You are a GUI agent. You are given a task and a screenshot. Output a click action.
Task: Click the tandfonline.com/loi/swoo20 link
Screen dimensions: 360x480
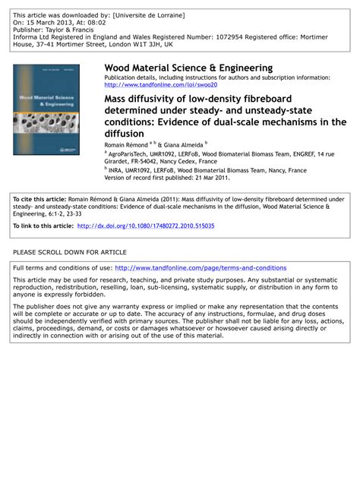click(160, 85)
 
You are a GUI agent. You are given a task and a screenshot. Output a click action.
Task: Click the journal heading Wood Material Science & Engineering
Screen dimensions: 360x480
click(188, 68)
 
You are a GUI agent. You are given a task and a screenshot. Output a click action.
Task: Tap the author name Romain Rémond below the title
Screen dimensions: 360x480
click(126, 143)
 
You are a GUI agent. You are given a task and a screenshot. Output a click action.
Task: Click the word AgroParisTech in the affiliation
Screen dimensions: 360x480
click(130, 152)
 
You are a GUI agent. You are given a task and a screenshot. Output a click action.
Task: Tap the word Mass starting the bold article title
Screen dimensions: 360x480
click(117, 99)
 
